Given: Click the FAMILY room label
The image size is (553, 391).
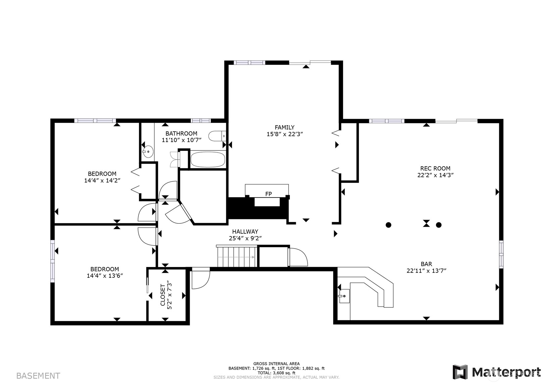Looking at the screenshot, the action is (284, 127).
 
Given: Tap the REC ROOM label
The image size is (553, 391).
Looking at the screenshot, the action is (435, 168).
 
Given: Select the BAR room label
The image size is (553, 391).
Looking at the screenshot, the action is (426, 264).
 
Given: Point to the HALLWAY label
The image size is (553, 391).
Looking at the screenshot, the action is (245, 232).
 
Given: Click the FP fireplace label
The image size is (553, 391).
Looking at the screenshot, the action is (268, 194).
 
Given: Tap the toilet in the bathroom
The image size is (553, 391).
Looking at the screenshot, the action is (217, 136).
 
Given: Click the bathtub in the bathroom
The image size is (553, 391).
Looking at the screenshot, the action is (208, 159).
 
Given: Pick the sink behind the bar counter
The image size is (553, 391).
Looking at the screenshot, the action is (344, 296).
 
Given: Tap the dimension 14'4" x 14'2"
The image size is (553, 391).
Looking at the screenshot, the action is (102, 181).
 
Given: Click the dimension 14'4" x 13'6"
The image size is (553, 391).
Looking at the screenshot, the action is (105, 276).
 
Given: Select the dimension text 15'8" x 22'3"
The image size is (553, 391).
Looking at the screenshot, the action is (285, 134).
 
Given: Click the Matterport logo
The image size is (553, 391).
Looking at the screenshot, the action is (497, 372).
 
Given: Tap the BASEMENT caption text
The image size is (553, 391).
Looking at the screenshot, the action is (38, 376).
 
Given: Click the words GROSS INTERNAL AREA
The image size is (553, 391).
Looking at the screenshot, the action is (277, 363).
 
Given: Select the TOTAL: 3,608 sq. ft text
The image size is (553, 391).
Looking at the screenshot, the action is (277, 373).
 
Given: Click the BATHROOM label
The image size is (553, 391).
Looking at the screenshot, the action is (181, 134).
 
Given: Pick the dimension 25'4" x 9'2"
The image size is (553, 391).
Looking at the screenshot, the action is (245, 238).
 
